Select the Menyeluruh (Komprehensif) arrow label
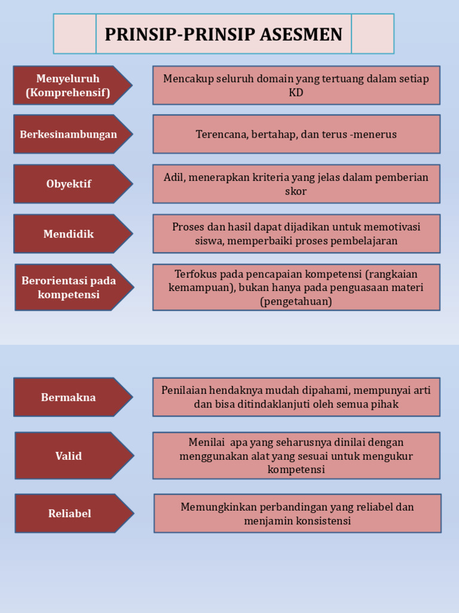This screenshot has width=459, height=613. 68,86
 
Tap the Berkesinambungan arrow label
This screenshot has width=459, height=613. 68,134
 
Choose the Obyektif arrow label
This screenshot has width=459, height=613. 68,184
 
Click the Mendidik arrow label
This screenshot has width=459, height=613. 68,233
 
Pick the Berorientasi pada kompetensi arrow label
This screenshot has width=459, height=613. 69,287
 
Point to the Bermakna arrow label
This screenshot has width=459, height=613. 68,397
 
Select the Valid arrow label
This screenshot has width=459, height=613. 68,456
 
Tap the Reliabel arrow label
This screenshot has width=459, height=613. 69,513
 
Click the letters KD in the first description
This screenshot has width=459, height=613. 296,93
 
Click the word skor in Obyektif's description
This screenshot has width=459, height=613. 296,192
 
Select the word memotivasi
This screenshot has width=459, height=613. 391,227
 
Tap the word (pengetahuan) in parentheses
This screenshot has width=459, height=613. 296,301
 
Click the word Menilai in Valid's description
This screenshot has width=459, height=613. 206,442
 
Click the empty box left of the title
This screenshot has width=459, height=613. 75,34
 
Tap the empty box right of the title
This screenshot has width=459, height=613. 372,34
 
